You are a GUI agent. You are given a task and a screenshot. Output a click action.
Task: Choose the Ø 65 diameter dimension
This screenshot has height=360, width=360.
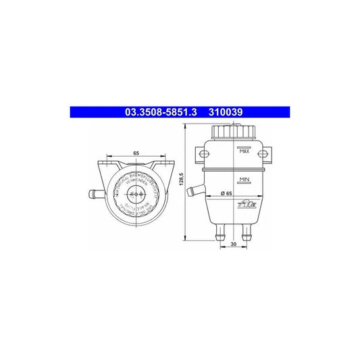click(226, 193)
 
